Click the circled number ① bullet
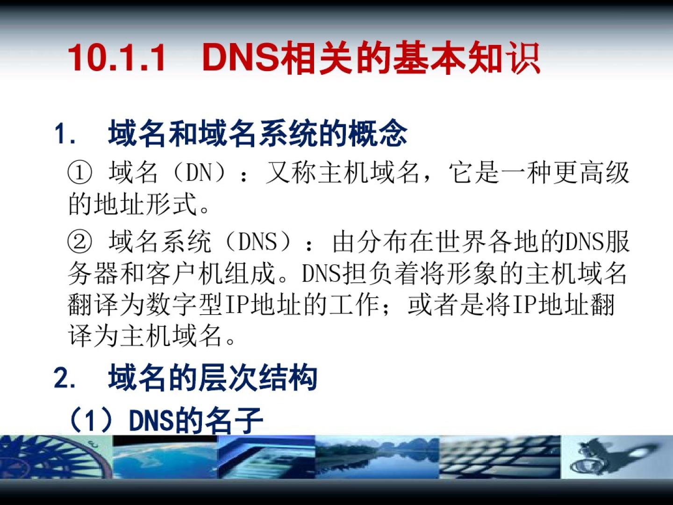click(79, 173)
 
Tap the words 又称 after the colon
click(291, 173)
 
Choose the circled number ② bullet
click(79, 242)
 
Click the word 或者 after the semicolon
click(433, 305)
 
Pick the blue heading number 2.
click(64, 378)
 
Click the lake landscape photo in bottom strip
click(377, 456)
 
